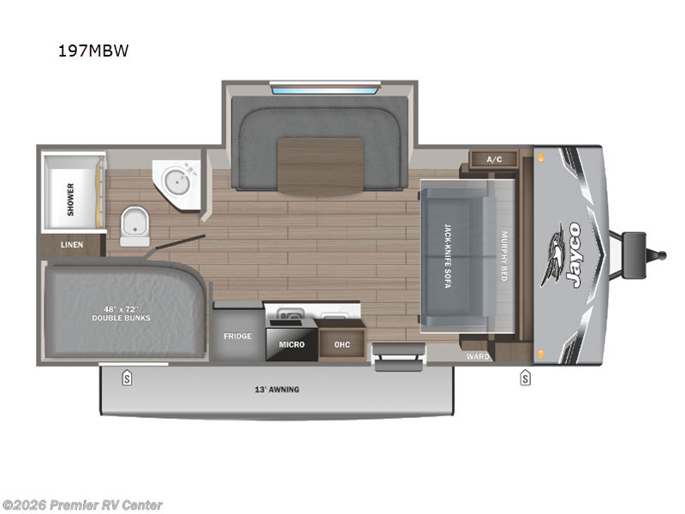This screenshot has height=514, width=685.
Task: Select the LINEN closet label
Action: [x=72, y=245]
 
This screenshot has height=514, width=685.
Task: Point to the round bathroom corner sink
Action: [x=178, y=182]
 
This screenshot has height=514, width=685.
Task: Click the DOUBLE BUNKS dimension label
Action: [x=121, y=313]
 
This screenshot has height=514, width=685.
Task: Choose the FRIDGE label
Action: [x=237, y=336]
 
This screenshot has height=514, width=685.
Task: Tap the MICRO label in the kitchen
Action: [x=291, y=344]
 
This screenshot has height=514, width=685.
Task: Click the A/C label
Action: [x=493, y=160]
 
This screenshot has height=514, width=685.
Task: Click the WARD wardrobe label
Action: [x=477, y=356]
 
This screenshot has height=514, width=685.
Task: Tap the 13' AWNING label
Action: [x=277, y=390]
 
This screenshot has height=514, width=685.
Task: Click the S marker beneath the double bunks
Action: [x=127, y=378]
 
